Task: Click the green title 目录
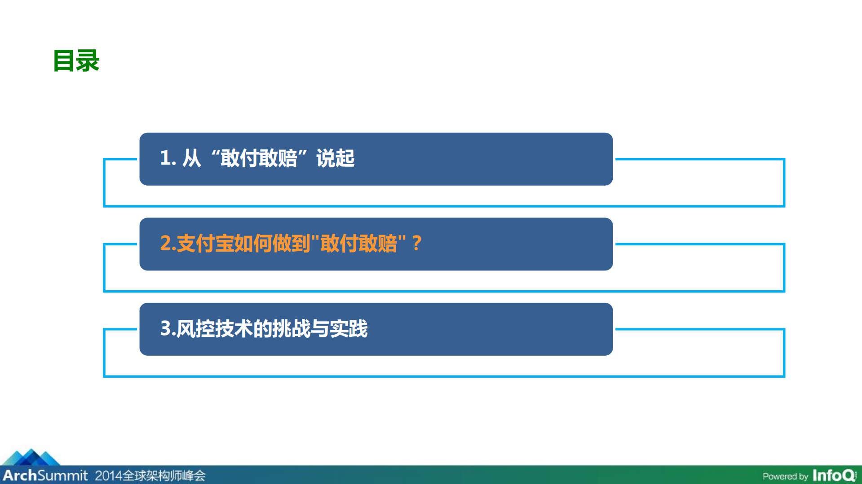coord(76,61)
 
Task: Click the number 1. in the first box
coord(168,158)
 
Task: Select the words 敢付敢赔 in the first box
coord(259,158)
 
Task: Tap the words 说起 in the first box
coord(335,158)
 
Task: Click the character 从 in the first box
coord(191,158)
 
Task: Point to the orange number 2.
coord(167,244)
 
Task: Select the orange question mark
coord(417,244)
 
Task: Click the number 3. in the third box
coord(167,329)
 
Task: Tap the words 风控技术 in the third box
coord(214,329)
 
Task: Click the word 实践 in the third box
coord(349,329)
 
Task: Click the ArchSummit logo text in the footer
coord(45,475)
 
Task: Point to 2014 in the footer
coord(108,475)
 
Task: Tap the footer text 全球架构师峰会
coord(164,475)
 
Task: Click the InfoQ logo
coord(834,475)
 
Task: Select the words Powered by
coord(785,476)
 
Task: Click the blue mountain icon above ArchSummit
coord(31,457)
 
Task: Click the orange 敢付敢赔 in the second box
coord(358,244)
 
